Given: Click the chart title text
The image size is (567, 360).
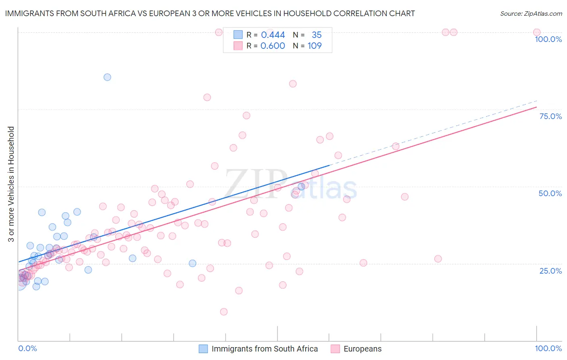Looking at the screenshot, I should (x=210, y=13).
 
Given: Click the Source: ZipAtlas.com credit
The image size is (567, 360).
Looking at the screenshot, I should (x=531, y=13).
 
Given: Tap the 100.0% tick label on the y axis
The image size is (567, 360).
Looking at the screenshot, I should (x=548, y=39).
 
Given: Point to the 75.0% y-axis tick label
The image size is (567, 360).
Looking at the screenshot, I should (x=550, y=116).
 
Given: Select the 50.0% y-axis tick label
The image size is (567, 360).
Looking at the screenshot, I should (x=550, y=193).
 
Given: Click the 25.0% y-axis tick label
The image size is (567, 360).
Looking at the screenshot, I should (x=550, y=271).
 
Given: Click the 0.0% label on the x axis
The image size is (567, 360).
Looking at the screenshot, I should (x=27, y=348).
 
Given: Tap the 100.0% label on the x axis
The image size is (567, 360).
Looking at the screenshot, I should (x=548, y=348).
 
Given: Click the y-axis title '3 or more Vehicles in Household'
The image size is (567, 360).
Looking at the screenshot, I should (x=11, y=184).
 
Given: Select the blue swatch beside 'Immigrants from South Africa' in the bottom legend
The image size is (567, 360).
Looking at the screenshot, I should (x=203, y=349).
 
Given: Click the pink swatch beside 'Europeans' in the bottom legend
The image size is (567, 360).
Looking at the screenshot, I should (x=335, y=349).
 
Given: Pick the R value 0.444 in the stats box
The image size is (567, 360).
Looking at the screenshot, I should (x=273, y=35).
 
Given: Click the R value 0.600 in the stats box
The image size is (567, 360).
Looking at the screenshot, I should (x=273, y=46).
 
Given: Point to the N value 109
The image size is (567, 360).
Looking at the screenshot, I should (x=315, y=46).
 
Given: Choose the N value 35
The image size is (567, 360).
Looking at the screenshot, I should (x=317, y=35).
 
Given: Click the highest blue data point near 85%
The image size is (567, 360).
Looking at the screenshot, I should (x=107, y=77).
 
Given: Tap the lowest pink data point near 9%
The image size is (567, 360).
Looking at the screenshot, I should (x=224, y=312).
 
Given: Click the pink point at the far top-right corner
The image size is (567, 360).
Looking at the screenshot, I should (x=537, y=32).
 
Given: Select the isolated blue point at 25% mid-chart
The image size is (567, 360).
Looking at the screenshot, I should (x=192, y=263).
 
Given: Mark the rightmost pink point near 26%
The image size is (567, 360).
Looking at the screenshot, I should (x=438, y=259).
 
